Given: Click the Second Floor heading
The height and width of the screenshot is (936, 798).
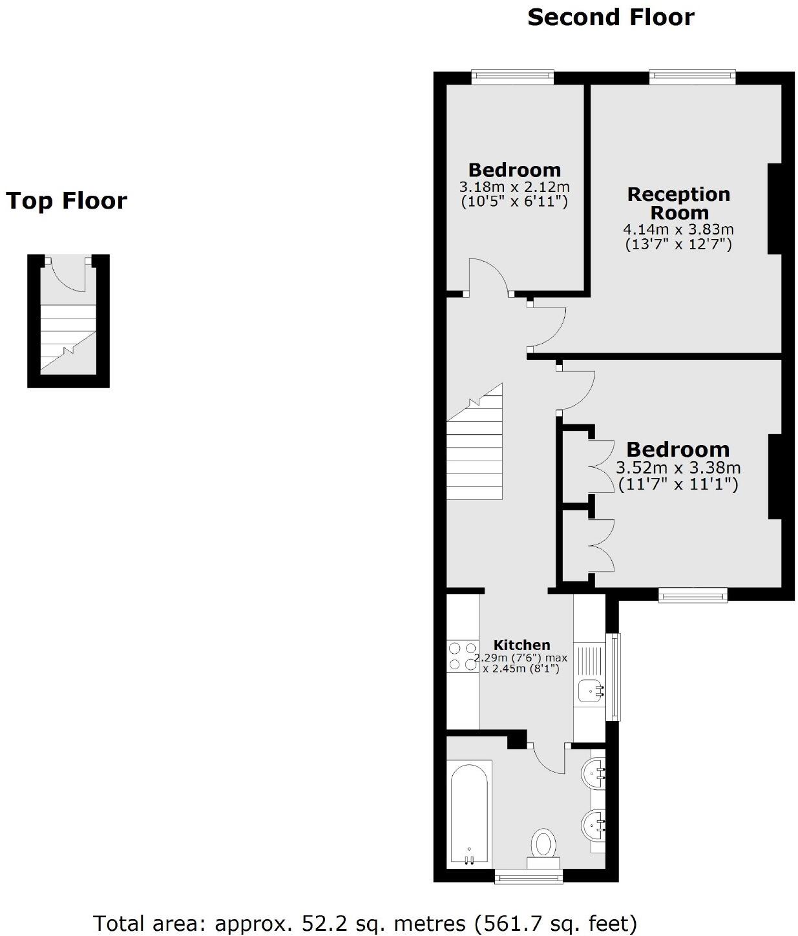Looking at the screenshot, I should click(611, 17).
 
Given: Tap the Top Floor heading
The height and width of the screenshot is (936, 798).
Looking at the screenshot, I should click(67, 201).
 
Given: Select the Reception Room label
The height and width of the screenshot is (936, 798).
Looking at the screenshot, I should click(678, 203).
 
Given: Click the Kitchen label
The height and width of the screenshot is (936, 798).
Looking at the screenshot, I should click(521, 645).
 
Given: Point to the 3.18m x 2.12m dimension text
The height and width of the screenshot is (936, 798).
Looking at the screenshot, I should click(514, 187).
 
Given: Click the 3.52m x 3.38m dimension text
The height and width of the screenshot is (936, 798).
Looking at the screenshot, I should click(678, 468).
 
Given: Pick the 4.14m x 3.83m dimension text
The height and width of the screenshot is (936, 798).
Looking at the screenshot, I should click(678, 229).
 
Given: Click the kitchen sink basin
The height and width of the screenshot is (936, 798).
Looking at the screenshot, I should click(591, 691).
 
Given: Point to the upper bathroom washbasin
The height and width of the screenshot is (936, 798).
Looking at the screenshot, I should click(594, 771).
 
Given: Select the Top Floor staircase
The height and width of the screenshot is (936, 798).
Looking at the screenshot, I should click(68, 338).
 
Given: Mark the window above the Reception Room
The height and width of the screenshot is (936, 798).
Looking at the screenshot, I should click(693, 77).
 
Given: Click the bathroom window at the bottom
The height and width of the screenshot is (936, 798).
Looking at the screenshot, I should click(528, 877).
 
